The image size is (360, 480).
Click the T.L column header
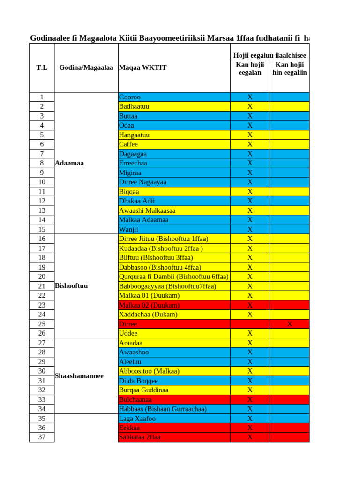(42, 68)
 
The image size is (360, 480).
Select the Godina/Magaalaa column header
(86, 68)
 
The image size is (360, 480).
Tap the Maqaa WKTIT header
(143, 68)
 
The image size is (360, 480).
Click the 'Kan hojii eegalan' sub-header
(250, 68)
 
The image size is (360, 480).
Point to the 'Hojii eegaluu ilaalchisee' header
(270, 55)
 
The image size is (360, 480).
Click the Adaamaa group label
(69, 163)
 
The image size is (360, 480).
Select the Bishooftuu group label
(71, 285)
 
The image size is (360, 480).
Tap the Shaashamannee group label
(79, 376)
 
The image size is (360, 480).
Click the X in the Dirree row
(289, 324)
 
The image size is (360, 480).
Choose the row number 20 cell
(42, 277)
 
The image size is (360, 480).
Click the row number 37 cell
(42, 437)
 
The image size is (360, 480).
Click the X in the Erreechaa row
(250, 163)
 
